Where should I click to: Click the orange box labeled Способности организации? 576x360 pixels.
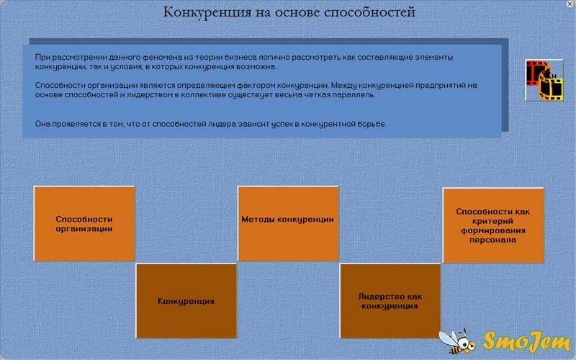[x=84, y=224]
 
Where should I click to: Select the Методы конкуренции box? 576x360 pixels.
[x=289, y=224]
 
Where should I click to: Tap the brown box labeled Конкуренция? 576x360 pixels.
[x=186, y=301]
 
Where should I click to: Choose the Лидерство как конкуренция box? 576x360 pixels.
[x=390, y=301]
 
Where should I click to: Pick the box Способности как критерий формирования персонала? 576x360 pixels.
[x=493, y=225]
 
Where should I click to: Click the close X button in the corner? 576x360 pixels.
[x=570, y=4]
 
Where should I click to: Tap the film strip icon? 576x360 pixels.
[x=544, y=80]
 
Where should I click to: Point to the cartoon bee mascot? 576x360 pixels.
[x=457, y=341]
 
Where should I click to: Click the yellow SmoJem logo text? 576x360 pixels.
[x=526, y=341]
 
